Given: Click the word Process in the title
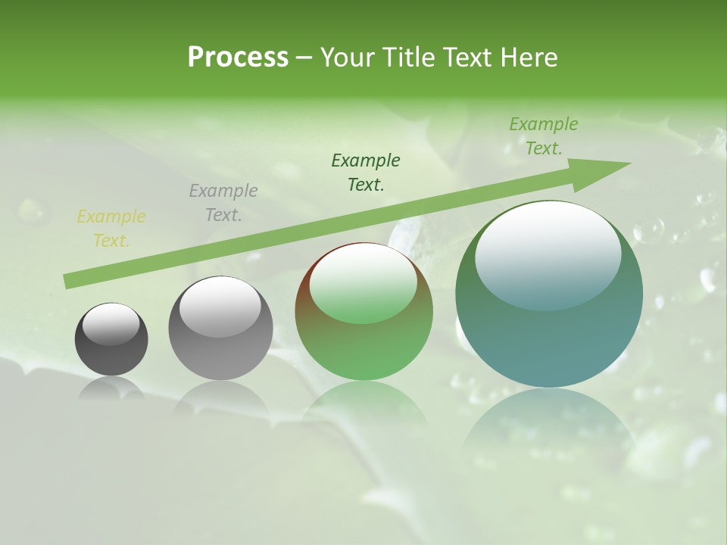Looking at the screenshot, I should (x=238, y=58).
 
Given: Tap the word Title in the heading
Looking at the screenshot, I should (x=409, y=58).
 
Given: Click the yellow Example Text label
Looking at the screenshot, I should (x=111, y=229).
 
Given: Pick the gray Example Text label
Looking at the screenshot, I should (x=223, y=203).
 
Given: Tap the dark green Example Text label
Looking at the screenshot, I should (x=366, y=173).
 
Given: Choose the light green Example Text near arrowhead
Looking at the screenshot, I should (x=543, y=136).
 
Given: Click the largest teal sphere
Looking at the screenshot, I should (x=549, y=333).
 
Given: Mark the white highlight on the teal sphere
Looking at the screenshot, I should (x=548, y=254).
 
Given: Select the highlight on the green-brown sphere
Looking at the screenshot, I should (x=363, y=284).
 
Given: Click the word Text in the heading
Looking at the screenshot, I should (x=470, y=58).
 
